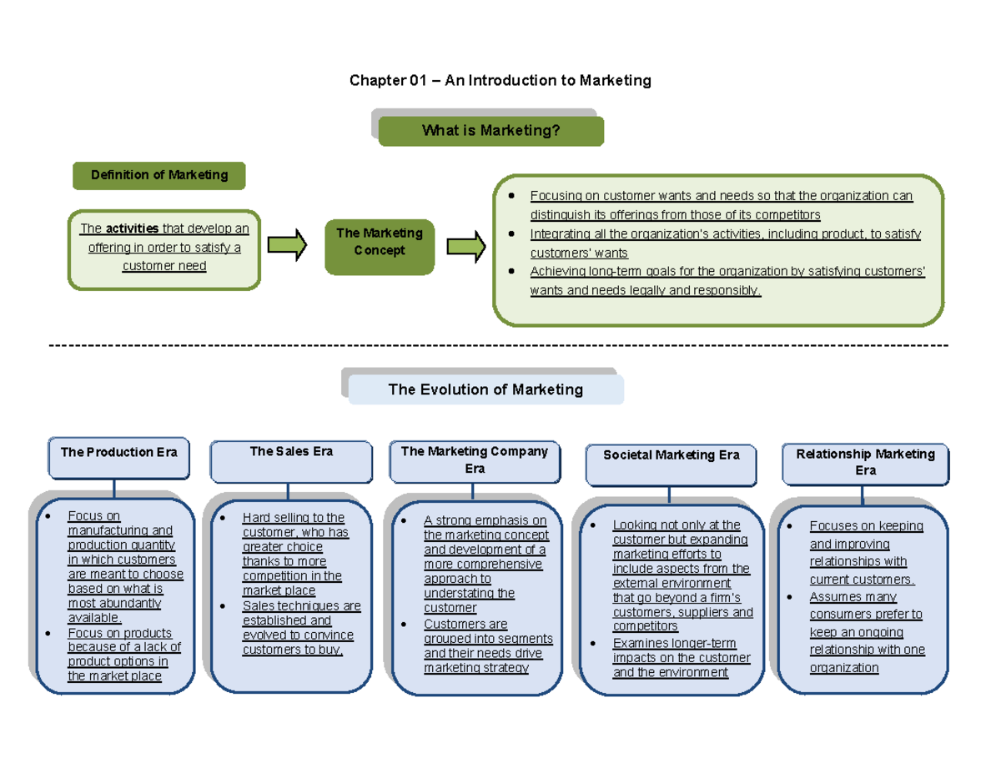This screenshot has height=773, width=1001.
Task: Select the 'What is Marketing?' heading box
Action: point(490,131)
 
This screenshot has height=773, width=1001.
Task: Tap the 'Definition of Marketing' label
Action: point(159,175)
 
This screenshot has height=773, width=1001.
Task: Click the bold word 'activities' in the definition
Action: point(127,229)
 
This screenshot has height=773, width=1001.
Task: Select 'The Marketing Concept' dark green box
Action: point(380,242)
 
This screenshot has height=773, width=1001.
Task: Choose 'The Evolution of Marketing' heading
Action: point(485,389)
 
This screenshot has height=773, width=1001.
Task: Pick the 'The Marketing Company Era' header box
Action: point(474,460)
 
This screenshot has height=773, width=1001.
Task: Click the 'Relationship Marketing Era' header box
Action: point(865,462)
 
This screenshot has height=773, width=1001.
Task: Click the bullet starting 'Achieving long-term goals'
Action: point(726,281)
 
